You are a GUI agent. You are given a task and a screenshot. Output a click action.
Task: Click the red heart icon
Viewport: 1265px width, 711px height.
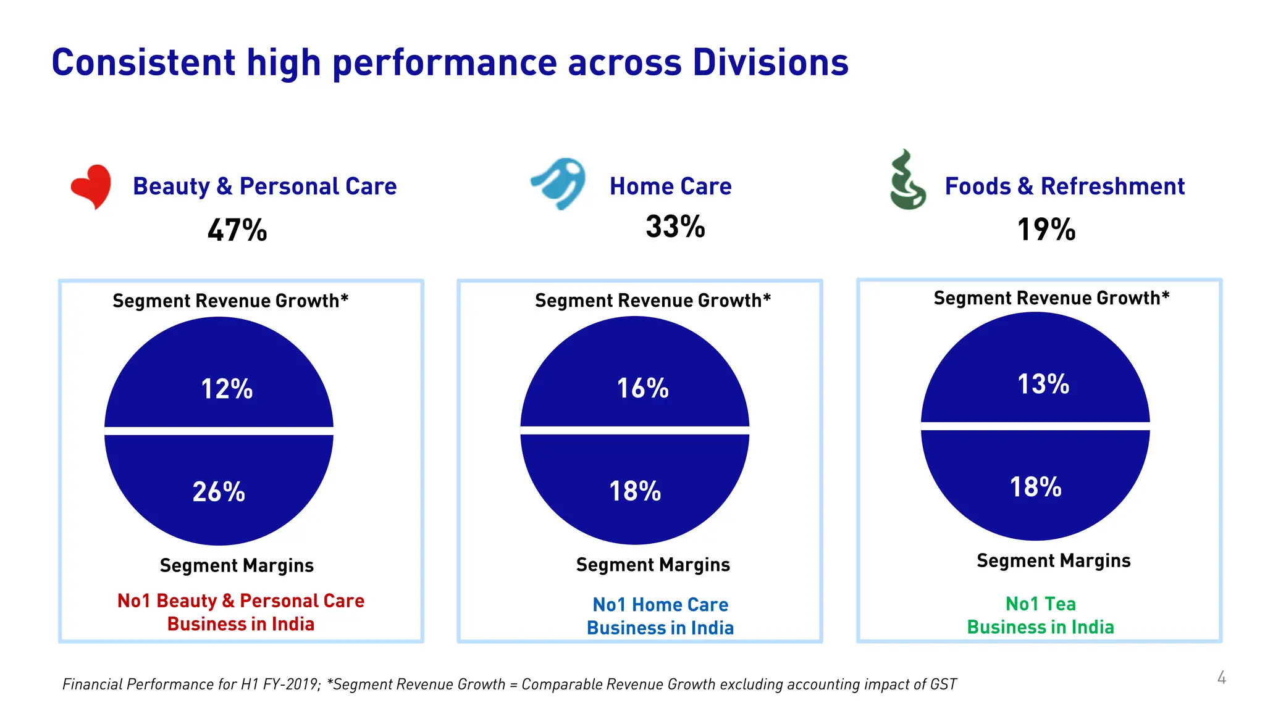(91, 186)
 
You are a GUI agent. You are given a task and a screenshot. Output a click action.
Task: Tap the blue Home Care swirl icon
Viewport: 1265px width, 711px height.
(560, 183)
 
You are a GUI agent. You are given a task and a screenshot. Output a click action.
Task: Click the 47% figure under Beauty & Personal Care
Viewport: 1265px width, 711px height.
(237, 230)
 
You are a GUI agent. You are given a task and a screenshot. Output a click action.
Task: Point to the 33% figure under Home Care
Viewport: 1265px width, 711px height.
(675, 227)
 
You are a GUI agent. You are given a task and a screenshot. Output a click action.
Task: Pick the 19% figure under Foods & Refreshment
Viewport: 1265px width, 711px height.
(1046, 230)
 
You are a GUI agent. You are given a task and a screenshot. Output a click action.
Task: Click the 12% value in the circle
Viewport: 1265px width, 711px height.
(227, 389)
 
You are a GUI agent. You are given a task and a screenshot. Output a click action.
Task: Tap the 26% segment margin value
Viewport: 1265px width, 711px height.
(219, 492)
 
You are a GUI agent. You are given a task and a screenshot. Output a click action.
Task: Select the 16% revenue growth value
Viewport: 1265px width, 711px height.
(642, 388)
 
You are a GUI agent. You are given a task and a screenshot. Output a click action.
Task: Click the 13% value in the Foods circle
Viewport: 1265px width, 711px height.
(1043, 384)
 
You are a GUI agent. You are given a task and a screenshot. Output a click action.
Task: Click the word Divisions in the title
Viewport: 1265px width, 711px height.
(770, 63)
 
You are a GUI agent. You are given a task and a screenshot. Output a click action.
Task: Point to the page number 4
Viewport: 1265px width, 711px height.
(1221, 678)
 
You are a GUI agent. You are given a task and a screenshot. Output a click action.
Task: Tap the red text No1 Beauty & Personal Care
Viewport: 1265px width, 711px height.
(241, 601)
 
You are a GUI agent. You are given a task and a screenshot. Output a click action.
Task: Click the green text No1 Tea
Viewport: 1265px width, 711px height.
(1040, 604)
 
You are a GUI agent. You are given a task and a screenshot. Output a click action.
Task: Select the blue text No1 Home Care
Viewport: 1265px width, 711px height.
(660, 604)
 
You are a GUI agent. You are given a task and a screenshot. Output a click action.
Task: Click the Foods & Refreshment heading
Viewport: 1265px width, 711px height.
(1064, 186)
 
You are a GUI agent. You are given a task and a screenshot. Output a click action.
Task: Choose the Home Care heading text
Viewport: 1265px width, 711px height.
(670, 186)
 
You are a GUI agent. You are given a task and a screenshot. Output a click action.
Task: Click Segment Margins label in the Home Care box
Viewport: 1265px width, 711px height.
(653, 565)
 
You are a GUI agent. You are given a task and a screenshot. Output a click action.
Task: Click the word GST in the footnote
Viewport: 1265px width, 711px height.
(943, 684)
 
